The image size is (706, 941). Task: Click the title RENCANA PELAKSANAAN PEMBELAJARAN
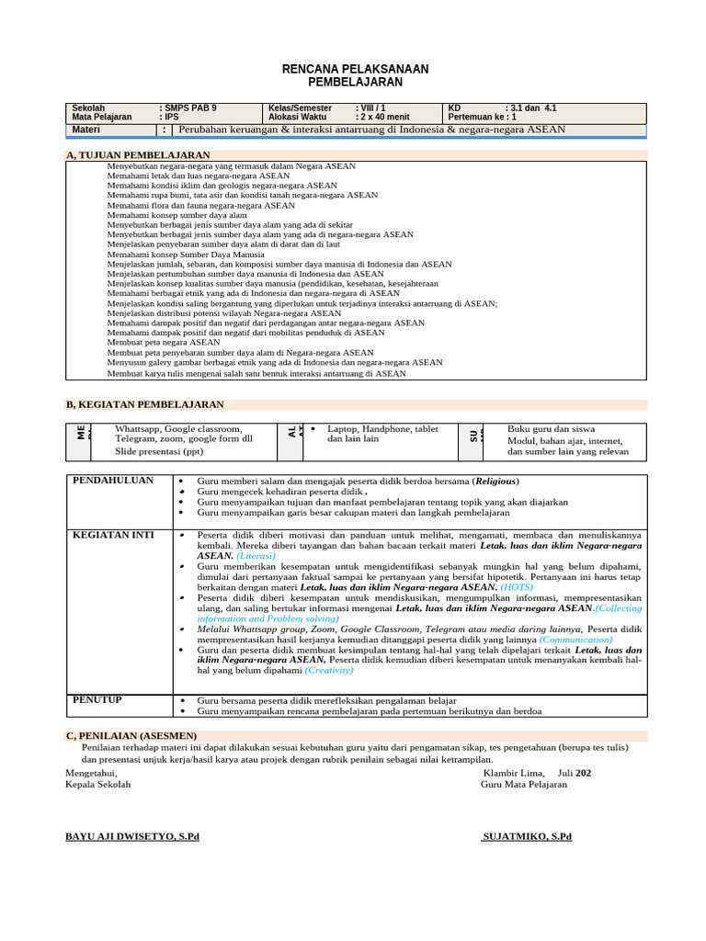(354, 75)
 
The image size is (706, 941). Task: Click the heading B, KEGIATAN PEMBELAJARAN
(144, 404)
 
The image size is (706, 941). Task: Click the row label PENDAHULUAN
(113, 481)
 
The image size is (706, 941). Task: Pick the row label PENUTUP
(97, 700)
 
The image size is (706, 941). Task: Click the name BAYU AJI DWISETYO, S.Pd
(131, 836)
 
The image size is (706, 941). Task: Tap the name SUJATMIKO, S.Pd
(527, 836)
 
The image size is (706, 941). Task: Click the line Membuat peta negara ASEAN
(164, 342)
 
